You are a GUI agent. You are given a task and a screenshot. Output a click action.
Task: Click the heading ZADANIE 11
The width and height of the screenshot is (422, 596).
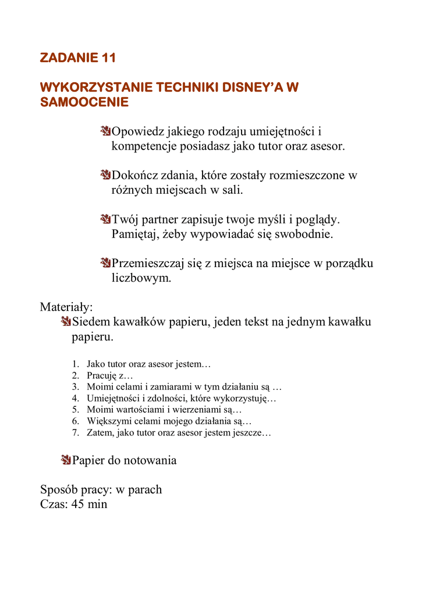(x=78, y=58)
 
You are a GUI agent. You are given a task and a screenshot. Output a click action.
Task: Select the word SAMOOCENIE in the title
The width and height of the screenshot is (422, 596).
(x=84, y=102)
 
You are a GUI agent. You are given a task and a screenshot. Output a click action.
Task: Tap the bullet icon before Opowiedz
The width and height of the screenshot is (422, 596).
(x=105, y=131)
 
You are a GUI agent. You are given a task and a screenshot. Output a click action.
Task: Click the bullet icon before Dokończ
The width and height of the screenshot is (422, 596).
(x=105, y=175)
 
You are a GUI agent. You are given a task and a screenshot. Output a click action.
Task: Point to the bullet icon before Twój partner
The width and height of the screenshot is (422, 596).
(x=105, y=219)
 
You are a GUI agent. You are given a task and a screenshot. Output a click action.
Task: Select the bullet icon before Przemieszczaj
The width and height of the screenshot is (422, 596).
(x=105, y=263)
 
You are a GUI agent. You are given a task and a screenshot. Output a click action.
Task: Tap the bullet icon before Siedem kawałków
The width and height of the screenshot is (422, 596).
(x=66, y=322)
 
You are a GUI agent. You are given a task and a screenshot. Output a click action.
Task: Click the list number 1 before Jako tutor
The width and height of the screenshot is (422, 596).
(x=75, y=364)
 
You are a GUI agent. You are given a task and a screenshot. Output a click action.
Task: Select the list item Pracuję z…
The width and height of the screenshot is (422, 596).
(x=109, y=376)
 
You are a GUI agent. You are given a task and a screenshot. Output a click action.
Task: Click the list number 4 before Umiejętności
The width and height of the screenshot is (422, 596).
(x=75, y=399)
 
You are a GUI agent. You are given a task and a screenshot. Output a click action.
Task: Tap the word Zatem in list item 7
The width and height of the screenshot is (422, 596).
(x=100, y=433)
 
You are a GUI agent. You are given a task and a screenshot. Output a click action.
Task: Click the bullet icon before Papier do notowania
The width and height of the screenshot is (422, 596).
(x=66, y=460)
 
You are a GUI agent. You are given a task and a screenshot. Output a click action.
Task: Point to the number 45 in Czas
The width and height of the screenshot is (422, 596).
(x=78, y=504)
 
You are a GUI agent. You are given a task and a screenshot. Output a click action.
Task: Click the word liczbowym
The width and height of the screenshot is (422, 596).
(x=141, y=278)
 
